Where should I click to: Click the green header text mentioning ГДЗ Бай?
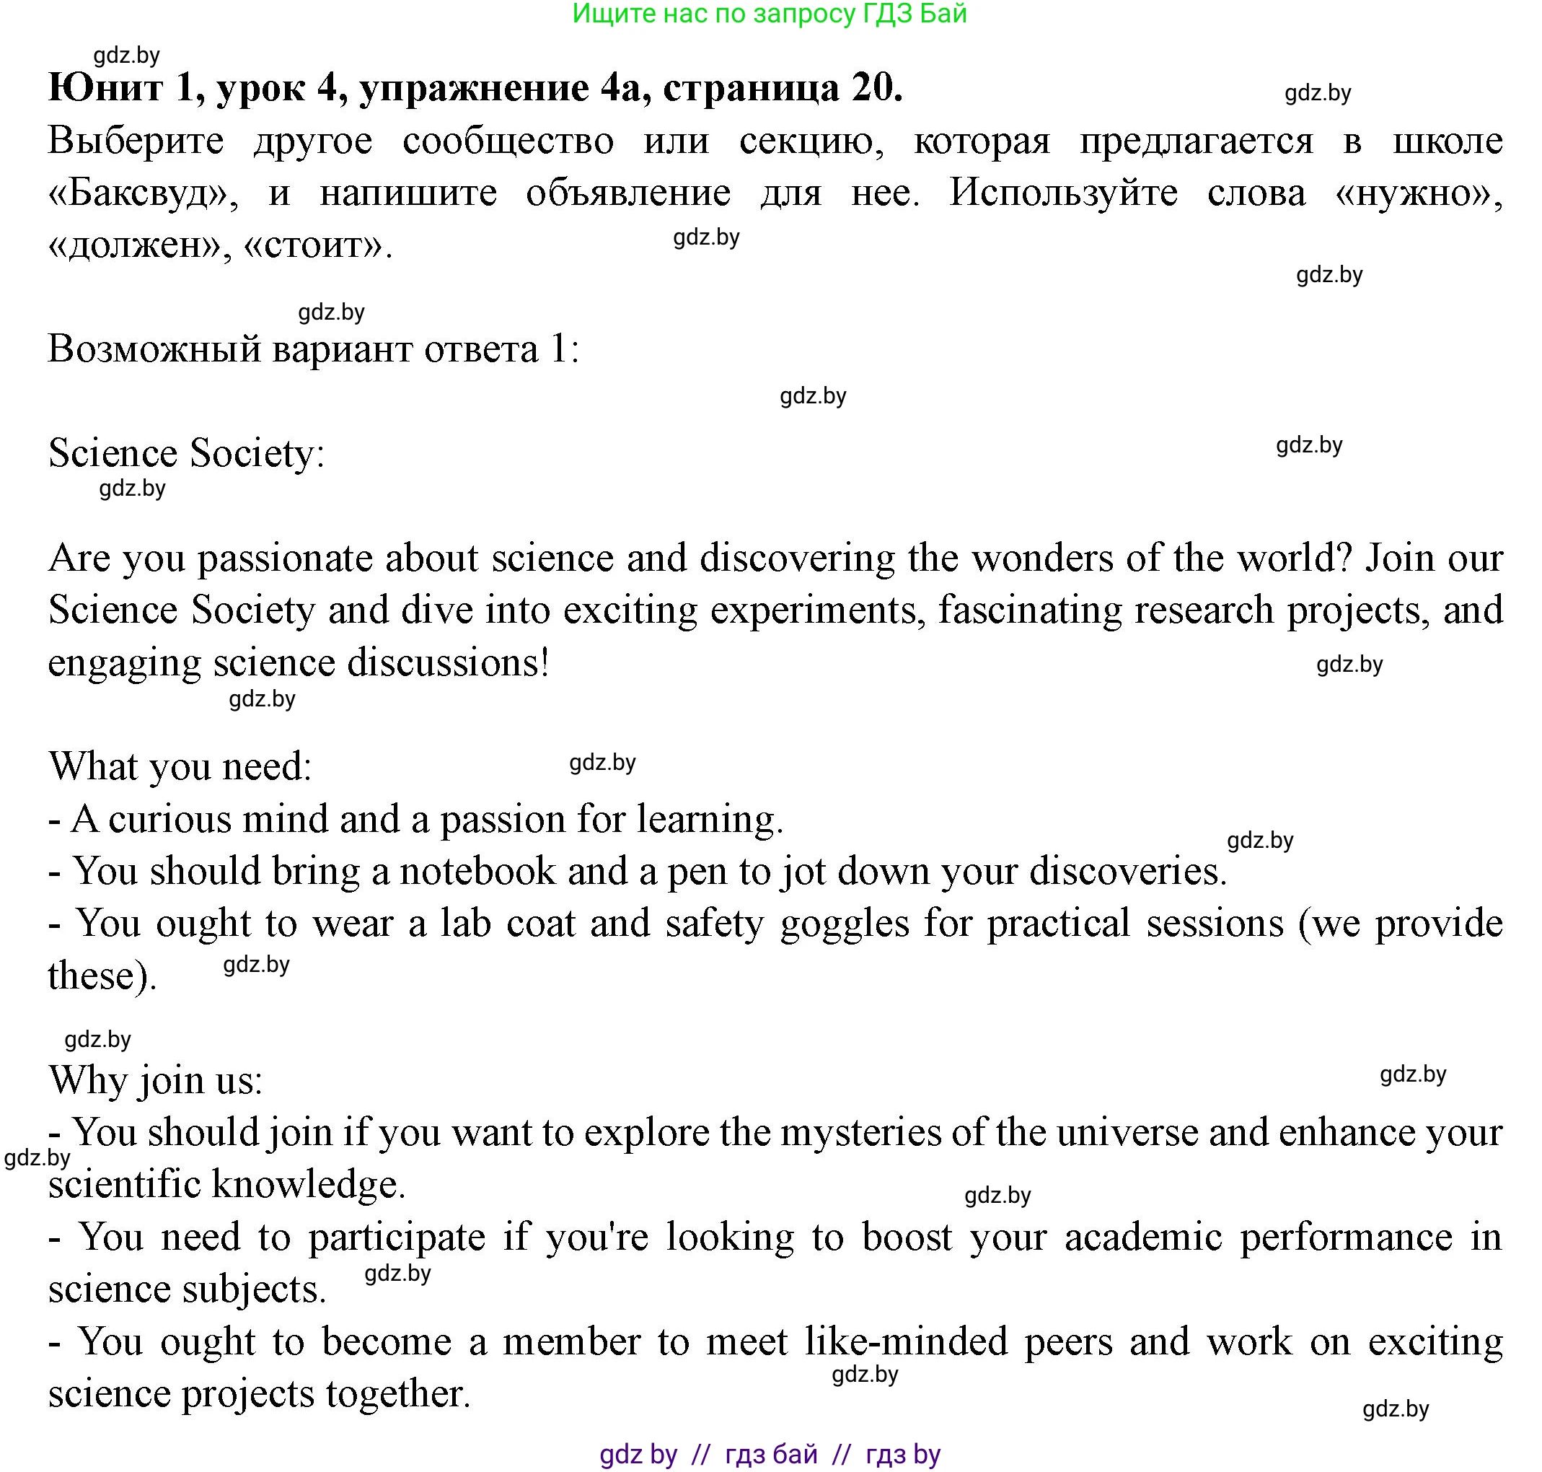click(770, 14)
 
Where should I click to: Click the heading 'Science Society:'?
click(187, 454)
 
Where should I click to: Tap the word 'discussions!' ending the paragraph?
click(448, 663)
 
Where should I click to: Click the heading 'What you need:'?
click(180, 766)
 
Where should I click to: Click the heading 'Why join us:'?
click(155, 1080)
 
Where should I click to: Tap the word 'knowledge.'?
click(308, 1184)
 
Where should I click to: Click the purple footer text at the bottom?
click(770, 1455)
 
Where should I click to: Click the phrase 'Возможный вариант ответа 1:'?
click(314, 349)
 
